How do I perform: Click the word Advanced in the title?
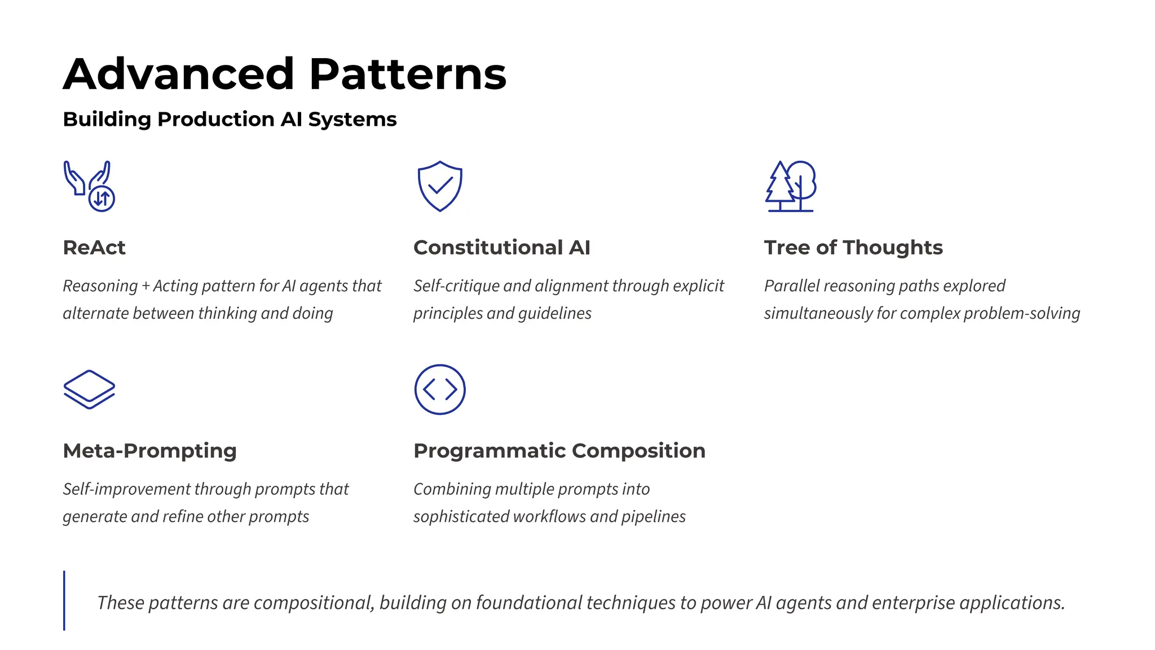[178, 74]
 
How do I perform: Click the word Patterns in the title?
[408, 74]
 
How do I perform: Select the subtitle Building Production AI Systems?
[230, 120]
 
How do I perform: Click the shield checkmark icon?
[440, 186]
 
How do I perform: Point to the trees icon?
[791, 186]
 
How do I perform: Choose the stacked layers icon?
[89, 389]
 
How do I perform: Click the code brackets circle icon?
[440, 389]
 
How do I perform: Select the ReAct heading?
[94, 248]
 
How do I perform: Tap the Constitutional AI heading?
[501, 248]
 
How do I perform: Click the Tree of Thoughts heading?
[853, 248]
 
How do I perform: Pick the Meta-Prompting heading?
[149, 451]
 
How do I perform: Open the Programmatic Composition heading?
[559, 451]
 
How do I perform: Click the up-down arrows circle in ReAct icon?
[102, 198]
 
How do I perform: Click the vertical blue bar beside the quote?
[64, 600]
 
